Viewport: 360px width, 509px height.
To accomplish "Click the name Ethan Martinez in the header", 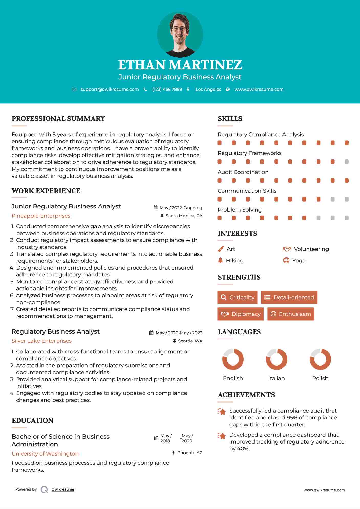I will click(180, 65).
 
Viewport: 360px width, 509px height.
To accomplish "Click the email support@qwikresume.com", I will click(110, 89).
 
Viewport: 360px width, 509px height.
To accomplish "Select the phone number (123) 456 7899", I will click(167, 89).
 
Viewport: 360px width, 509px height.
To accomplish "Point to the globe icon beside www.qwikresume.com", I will click(228, 89).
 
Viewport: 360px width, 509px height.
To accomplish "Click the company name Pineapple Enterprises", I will click(41, 216).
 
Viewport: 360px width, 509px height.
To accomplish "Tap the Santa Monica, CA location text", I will click(184, 216).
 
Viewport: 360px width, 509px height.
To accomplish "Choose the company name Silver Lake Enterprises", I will click(41, 341).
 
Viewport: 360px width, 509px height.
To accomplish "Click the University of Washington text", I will click(45, 453).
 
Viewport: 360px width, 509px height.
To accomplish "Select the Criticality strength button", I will click(237, 297).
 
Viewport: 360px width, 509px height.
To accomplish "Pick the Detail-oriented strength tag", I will click(289, 297).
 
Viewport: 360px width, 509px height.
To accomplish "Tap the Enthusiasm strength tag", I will click(291, 314).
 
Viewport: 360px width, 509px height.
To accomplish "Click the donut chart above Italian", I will click(276, 359).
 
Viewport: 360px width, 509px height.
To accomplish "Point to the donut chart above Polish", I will click(320, 359).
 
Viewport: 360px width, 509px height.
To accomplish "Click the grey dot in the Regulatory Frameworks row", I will click(347, 162).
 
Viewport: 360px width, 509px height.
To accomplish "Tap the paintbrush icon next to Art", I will click(221, 249).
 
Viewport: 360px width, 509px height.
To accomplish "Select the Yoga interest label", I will click(299, 260).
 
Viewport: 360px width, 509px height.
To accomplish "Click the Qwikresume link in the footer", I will click(63, 489).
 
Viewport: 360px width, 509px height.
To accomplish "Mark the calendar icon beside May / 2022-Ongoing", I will click(155, 207).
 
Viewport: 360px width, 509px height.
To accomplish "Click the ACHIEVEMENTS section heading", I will click(246, 395).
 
